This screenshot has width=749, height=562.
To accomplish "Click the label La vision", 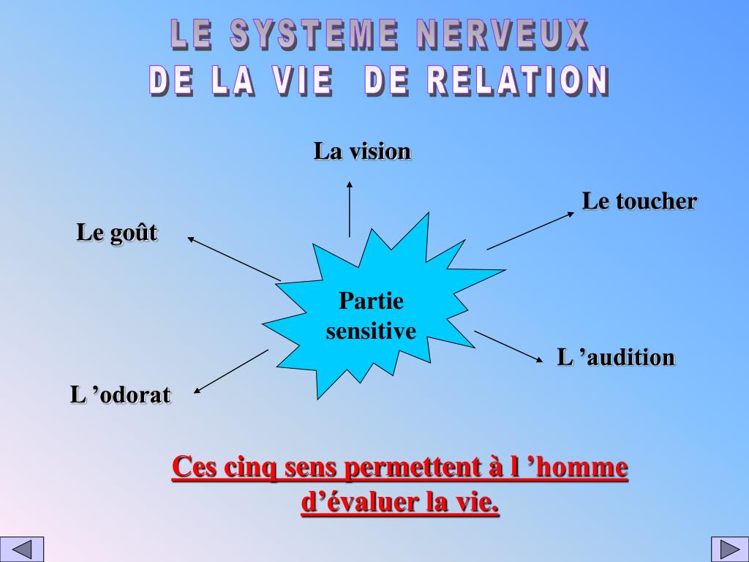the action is tap(362, 151).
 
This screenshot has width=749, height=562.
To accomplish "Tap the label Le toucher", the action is tap(639, 201).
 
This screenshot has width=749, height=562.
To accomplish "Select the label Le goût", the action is tap(117, 233).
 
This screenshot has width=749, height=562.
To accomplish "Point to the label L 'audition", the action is tap(616, 358).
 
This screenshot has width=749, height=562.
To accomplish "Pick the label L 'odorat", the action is tap(121, 395).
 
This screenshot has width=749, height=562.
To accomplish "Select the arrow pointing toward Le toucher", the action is tap(530, 231).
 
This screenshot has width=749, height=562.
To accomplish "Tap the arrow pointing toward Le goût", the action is tap(234, 258).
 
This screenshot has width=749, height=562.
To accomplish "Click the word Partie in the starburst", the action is tap(371, 301).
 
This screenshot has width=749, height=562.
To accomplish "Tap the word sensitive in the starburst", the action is tap(371, 331).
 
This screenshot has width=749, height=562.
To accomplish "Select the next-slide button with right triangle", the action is tap(727, 549).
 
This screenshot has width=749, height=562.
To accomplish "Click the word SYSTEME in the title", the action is tap(315, 35).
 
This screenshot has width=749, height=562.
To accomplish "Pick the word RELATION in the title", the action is tap(518, 81).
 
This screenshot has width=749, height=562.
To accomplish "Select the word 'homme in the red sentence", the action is tap(583, 467).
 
